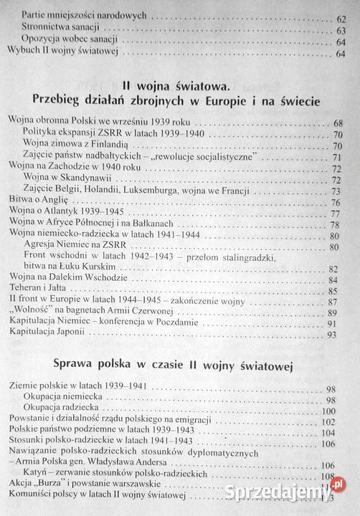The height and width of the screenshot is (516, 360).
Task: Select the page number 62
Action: coord(339,15)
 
